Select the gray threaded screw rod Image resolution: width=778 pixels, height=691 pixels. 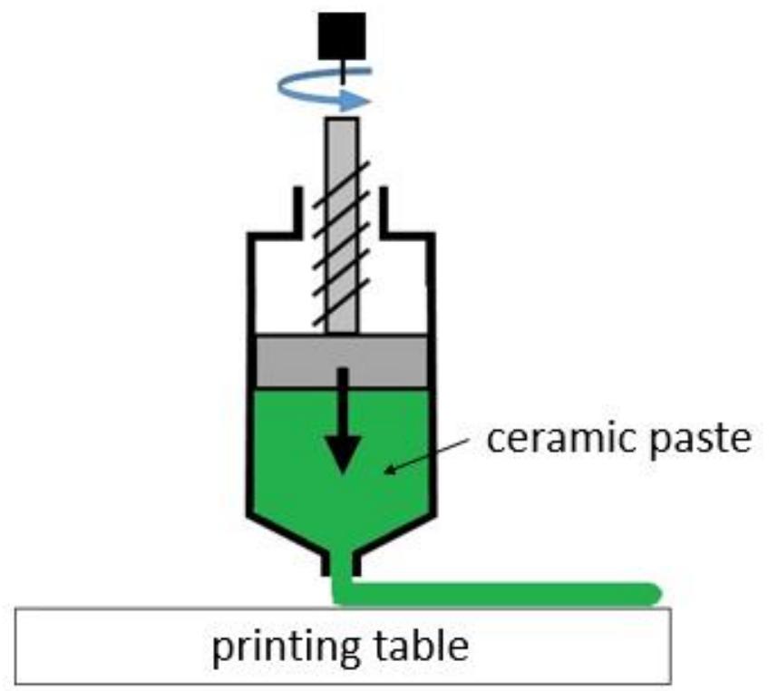[x=342, y=227]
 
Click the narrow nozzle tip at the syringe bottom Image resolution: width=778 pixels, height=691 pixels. [x=343, y=567]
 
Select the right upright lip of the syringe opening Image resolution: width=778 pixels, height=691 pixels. [x=384, y=209]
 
